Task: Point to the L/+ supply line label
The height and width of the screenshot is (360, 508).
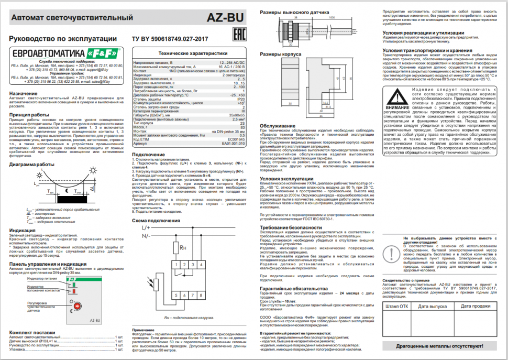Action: click(145, 228)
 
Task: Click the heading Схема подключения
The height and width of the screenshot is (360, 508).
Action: click(151, 221)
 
